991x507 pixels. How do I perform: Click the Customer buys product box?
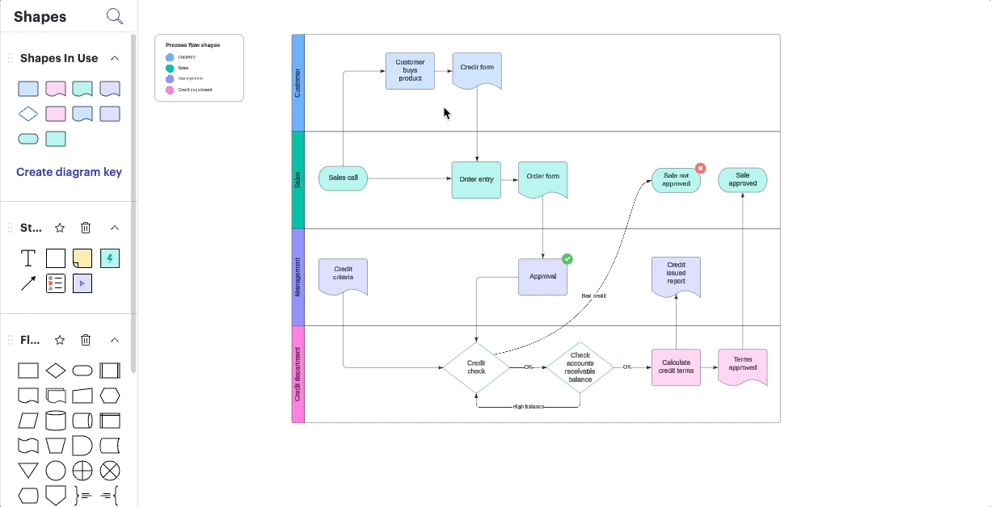[x=410, y=70]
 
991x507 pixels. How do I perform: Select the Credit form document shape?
[x=477, y=70]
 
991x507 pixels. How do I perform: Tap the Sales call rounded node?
[x=343, y=178]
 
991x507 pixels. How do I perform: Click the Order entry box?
[x=476, y=179]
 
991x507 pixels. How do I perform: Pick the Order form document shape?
[x=542, y=178]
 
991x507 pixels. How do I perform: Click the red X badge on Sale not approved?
[x=701, y=169]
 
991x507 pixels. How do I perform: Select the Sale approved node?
[x=742, y=179]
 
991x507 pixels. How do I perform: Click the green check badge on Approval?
[x=567, y=259]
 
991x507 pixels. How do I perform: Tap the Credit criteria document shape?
[x=343, y=274]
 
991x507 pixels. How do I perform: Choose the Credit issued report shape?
[x=676, y=275]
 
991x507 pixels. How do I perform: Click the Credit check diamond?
[x=476, y=367]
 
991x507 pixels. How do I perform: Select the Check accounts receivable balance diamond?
[x=580, y=367]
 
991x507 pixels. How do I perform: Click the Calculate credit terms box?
[x=676, y=367]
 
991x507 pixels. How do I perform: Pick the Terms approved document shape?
[x=742, y=366]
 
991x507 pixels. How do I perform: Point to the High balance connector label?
[x=529, y=407]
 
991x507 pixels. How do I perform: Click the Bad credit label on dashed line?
[x=593, y=296]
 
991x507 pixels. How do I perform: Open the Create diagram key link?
[x=69, y=172]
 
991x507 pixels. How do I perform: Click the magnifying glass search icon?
[x=115, y=16]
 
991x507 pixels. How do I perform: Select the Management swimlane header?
[x=297, y=277]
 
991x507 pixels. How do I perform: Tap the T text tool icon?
[x=28, y=258]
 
